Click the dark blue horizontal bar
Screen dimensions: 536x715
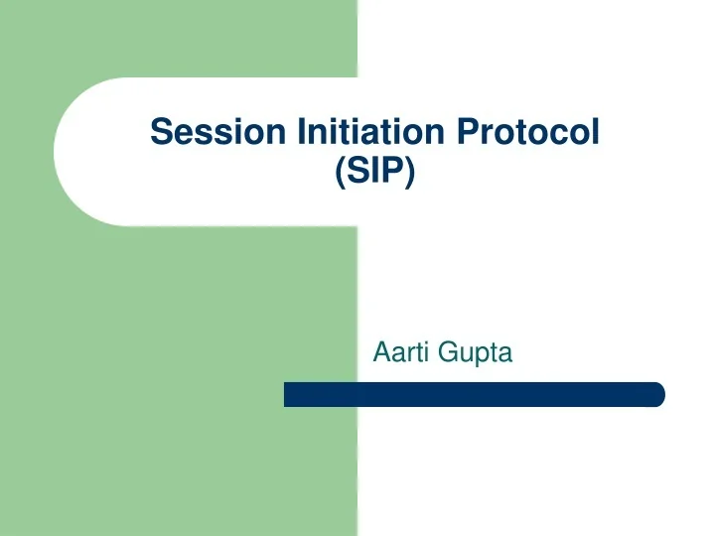(x=474, y=394)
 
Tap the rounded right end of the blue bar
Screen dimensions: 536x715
(x=657, y=394)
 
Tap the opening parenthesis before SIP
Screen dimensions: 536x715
(x=341, y=171)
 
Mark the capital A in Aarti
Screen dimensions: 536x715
(x=380, y=351)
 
